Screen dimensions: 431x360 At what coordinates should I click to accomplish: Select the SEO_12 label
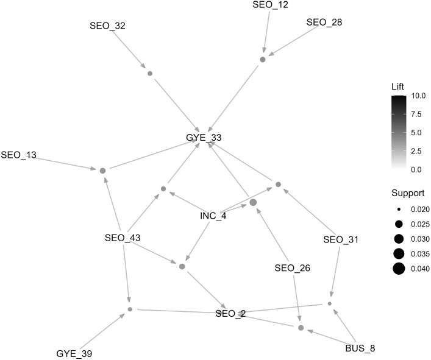[x=270, y=5]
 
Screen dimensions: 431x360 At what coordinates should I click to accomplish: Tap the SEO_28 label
[x=324, y=23]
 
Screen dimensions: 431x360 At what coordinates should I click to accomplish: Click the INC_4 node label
[x=213, y=216]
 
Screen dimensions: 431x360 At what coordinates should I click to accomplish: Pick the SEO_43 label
[x=124, y=237]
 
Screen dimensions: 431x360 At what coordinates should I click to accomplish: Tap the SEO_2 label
[x=230, y=314]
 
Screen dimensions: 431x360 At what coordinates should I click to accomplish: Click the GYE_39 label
[x=75, y=353]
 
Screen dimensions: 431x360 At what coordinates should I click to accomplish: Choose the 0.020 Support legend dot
[x=398, y=208]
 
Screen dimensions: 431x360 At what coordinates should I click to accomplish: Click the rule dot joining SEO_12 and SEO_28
[x=263, y=60]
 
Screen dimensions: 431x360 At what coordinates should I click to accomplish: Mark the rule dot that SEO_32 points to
[x=150, y=74]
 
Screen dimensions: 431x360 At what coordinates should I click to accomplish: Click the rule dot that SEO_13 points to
[x=102, y=170]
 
